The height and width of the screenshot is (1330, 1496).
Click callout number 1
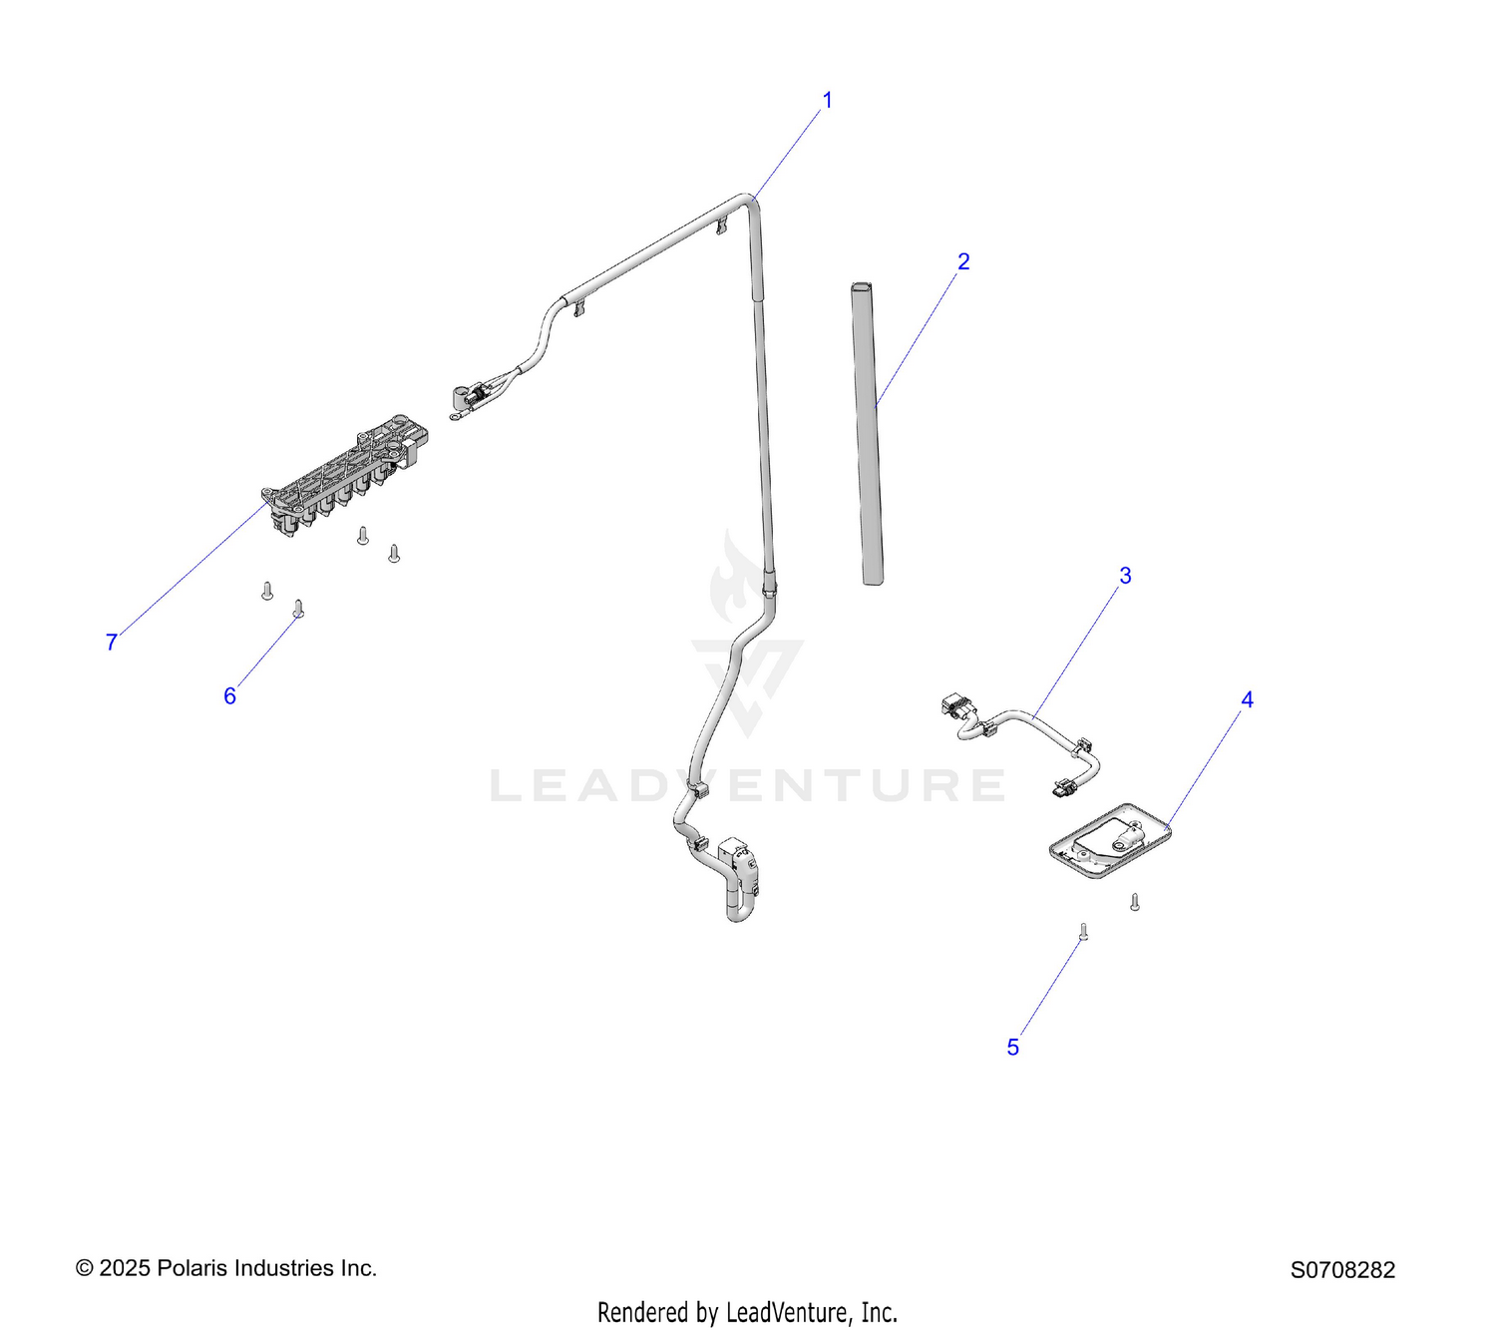(x=827, y=101)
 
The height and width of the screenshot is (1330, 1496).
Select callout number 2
(x=962, y=260)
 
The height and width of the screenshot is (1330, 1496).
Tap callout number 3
(x=1125, y=576)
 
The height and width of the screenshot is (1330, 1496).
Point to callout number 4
(x=1247, y=699)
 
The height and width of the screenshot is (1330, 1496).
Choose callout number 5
(x=1013, y=1047)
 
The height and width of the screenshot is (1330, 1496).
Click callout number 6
(x=229, y=695)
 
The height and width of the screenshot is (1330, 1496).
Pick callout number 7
(x=112, y=643)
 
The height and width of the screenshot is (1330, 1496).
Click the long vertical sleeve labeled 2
(x=868, y=433)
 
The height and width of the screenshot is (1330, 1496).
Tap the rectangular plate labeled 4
(x=1109, y=841)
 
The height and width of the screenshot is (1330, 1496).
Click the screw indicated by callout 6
(x=298, y=608)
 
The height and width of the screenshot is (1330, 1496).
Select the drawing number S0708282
(x=1342, y=1270)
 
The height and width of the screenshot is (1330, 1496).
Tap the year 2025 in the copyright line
(x=125, y=1268)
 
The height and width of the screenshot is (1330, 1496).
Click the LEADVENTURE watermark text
(x=747, y=785)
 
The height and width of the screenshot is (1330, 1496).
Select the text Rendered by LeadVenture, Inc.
(x=747, y=1313)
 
